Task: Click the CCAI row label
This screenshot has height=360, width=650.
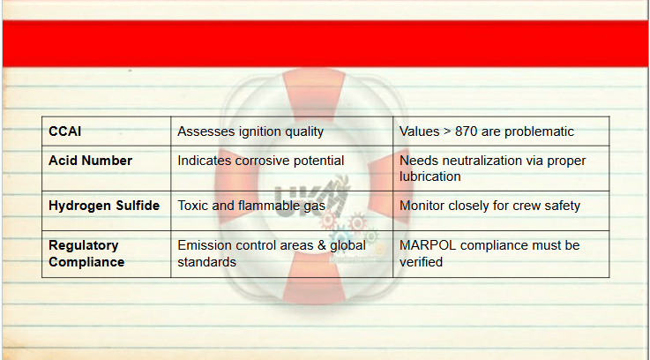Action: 64,131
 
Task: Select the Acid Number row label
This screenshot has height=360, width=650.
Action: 90,161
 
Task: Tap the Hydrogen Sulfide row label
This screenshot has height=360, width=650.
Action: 104,206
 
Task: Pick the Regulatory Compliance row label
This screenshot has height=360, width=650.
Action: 86,253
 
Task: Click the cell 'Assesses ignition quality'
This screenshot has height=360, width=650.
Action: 250,131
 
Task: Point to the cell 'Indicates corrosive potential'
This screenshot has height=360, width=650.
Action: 261,161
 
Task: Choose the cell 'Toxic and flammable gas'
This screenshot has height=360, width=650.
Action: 251,206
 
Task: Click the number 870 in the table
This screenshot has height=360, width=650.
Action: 466,131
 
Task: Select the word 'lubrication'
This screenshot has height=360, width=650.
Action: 430,176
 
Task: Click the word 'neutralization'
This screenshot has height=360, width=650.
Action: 487,161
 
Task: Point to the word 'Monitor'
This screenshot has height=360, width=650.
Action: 422,206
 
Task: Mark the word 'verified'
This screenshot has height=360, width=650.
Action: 422,262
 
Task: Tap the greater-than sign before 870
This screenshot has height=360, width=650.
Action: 447,131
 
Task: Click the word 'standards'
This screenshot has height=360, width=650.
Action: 207,262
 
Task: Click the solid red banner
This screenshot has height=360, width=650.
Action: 325,43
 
